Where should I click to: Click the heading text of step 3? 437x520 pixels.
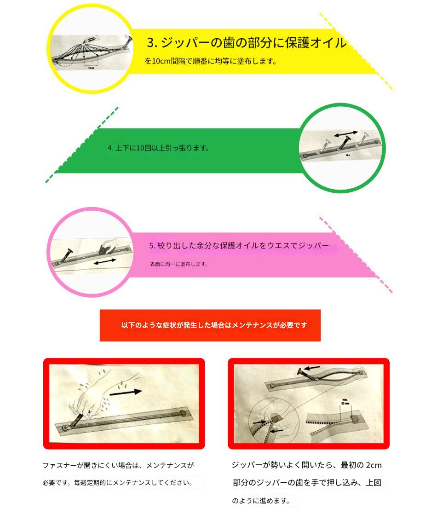(247, 43)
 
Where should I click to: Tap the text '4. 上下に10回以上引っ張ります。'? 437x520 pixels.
(159, 148)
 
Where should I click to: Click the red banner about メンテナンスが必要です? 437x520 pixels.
(210, 325)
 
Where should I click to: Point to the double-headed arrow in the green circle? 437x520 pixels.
(345, 134)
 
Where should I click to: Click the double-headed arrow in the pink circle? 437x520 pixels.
(105, 262)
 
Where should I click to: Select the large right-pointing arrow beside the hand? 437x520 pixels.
(125, 393)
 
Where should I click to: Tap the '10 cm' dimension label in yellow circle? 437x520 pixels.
(91, 68)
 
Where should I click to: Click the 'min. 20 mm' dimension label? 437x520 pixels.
(345, 402)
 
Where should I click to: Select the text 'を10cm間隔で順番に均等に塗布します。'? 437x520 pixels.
(211, 61)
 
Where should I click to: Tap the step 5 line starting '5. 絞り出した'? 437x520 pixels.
(239, 246)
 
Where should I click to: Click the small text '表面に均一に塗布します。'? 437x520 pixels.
(179, 264)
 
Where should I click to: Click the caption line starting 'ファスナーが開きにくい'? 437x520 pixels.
(118, 465)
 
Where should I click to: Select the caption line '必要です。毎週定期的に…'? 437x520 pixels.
(117, 483)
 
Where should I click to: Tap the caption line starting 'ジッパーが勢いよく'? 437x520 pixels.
(307, 465)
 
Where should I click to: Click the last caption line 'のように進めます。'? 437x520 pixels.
(261, 501)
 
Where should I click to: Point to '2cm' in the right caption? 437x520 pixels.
(374, 465)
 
